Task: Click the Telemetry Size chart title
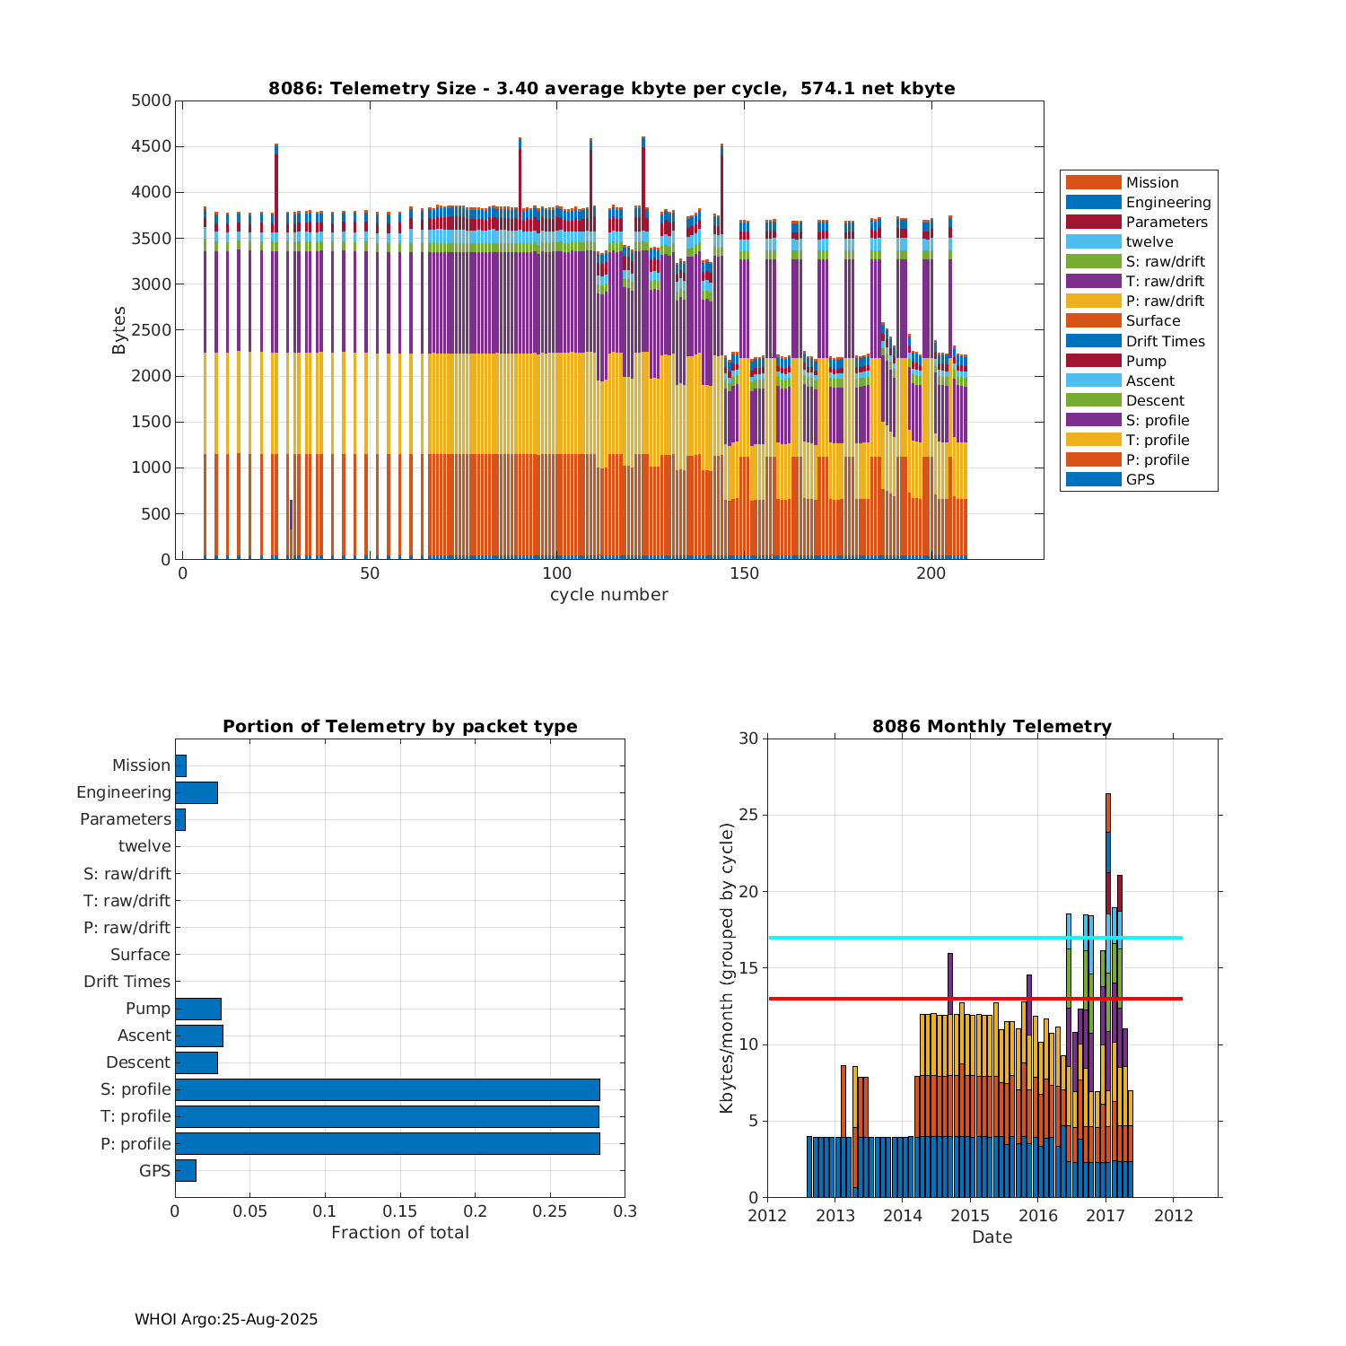coord(611,88)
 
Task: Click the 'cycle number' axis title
coord(608,595)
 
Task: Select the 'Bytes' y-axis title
coord(119,330)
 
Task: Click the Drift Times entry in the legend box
coord(1165,341)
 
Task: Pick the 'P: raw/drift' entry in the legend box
coord(1165,302)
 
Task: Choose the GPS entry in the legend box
coord(1140,480)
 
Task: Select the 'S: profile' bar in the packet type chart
coord(387,1089)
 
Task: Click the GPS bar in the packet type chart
coord(186,1170)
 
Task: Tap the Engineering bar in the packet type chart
coord(197,792)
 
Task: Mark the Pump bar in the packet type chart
coord(198,1009)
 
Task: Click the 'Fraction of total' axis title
coord(399,1233)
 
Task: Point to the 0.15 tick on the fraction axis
coord(400,1211)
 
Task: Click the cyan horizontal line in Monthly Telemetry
coord(897,938)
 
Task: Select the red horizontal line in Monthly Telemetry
coord(897,999)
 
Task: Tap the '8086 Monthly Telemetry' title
coord(992,727)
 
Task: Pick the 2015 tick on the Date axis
coord(970,1216)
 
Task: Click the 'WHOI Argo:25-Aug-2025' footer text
coord(226,1319)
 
